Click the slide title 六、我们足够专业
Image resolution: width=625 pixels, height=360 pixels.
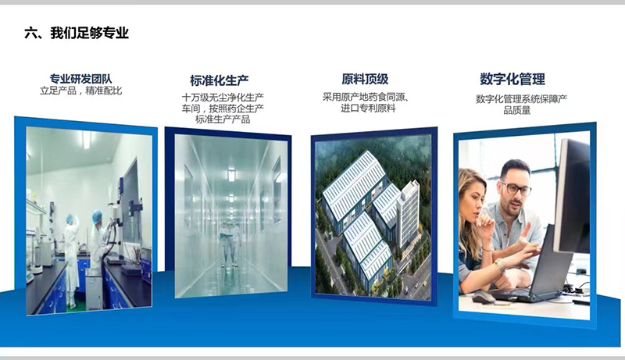(77, 33)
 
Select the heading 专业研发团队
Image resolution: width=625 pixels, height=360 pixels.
(81, 79)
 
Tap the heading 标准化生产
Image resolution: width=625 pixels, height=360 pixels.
(220, 80)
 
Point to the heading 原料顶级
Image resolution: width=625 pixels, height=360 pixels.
(365, 79)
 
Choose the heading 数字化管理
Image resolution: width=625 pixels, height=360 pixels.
(512, 79)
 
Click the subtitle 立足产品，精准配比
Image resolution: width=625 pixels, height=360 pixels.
(81, 91)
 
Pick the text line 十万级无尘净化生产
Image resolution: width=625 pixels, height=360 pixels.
(223, 98)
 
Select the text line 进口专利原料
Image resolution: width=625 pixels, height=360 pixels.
(368, 109)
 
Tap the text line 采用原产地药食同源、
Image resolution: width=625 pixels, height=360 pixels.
(366, 97)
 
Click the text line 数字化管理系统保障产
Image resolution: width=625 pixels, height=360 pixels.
(521, 99)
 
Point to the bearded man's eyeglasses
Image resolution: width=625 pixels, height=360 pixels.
(516, 188)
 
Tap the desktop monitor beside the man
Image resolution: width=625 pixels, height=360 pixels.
(571, 195)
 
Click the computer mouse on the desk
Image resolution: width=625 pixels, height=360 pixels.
(484, 297)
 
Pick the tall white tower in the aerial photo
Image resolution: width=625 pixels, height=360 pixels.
(408, 215)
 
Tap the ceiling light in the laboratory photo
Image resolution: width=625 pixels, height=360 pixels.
(87, 139)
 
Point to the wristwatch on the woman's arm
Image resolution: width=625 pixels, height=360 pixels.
(498, 265)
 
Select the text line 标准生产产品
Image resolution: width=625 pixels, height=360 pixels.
(223, 119)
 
